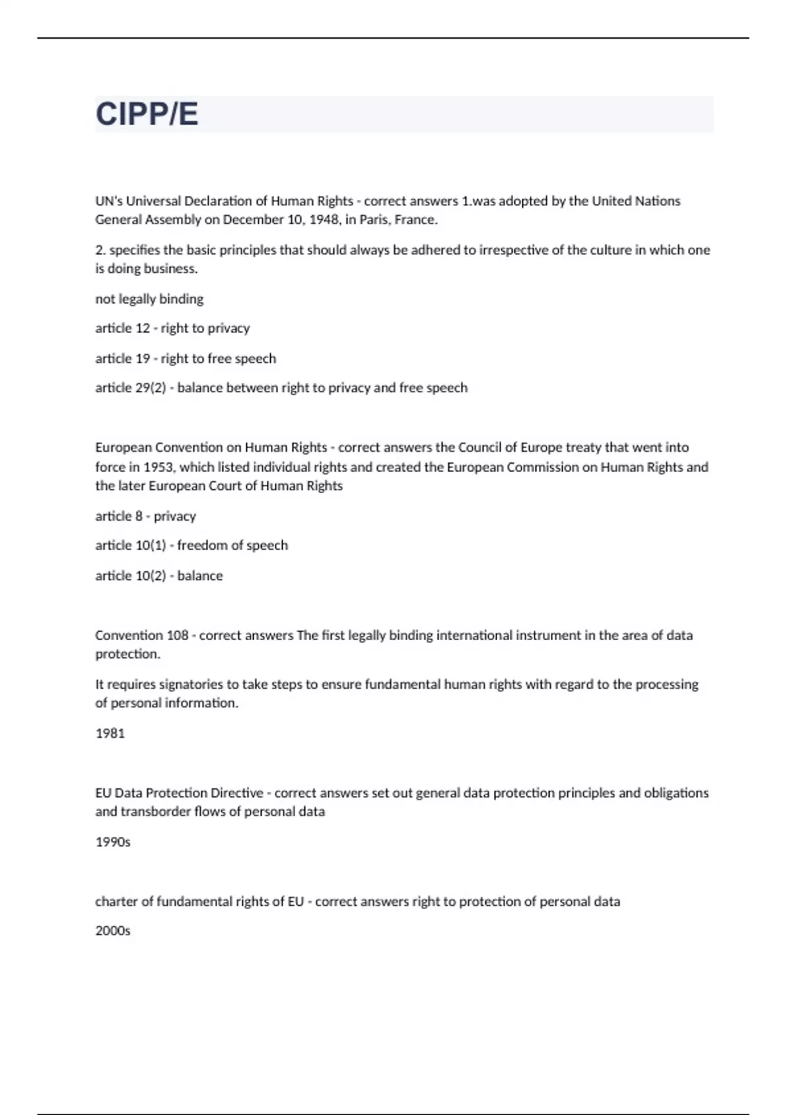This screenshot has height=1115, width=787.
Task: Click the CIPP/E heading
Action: [147, 114]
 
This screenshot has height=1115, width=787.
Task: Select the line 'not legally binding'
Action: [150, 299]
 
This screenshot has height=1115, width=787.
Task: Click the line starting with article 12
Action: [172, 328]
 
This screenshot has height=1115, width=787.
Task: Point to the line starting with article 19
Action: [186, 358]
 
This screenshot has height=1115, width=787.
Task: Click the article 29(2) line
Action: [281, 388]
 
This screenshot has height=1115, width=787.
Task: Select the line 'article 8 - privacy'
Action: [146, 516]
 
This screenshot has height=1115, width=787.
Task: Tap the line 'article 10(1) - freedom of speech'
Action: [192, 545]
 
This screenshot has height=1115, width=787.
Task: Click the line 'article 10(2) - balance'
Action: [159, 575]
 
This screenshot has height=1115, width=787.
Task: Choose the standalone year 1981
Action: [110, 733]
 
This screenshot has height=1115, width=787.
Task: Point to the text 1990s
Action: [113, 841]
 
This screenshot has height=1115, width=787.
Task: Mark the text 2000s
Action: [113, 930]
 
